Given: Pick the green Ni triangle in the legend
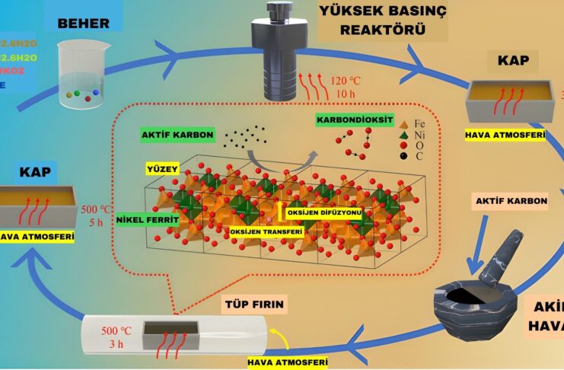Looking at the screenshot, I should pos(384,135).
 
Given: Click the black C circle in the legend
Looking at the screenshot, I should pos(384,157).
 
